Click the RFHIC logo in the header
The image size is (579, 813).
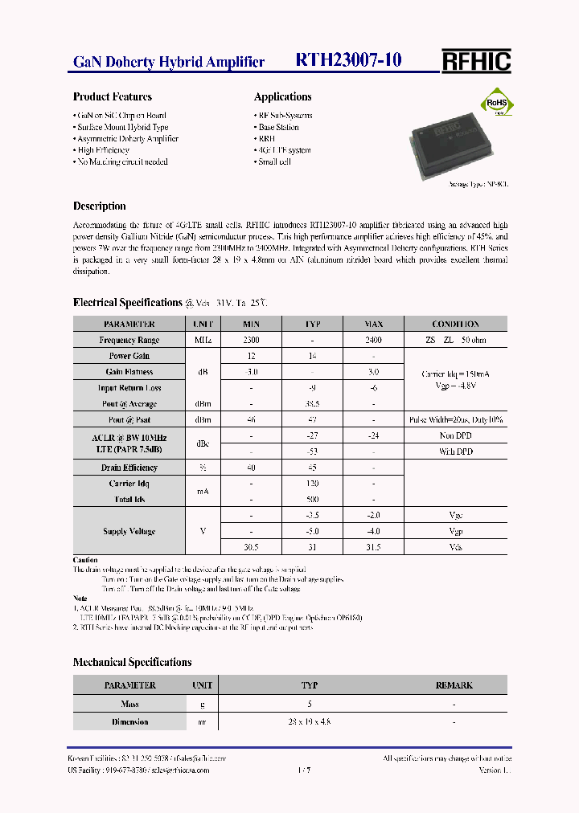click(476, 61)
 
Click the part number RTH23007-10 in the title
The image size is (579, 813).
click(349, 60)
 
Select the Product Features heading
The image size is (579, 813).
click(113, 97)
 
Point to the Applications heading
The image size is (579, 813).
click(282, 97)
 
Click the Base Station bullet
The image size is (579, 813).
click(278, 127)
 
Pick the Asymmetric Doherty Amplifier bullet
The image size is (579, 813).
click(127, 138)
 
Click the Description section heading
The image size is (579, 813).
click(100, 206)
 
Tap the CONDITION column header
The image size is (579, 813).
click(455, 324)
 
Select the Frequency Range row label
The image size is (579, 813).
click(129, 340)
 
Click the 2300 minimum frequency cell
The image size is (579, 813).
click(251, 340)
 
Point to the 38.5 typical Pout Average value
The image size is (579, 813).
click(313, 404)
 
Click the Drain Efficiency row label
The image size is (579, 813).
click(129, 468)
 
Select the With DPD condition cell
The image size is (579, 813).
click(455, 451)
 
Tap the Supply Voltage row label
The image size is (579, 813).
click(129, 531)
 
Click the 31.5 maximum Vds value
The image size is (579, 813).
click(373, 547)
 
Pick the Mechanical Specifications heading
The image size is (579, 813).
click(133, 663)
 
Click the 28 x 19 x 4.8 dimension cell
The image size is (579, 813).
click(310, 721)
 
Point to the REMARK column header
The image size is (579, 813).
click(454, 685)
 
